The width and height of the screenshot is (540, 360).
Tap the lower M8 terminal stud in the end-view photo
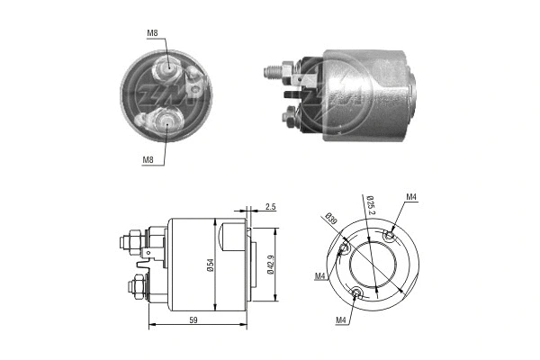[x=168, y=119]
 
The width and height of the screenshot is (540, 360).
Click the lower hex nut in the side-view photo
[x=291, y=117]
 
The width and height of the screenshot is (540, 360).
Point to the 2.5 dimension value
[x=271, y=207]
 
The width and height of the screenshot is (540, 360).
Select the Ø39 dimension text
[x=330, y=219]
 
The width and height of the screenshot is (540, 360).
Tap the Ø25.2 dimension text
[x=370, y=206]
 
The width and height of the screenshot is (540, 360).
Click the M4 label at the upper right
[x=410, y=197]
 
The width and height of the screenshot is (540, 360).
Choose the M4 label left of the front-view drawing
[x=319, y=275]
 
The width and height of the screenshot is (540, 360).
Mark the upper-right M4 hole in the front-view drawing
[x=388, y=236]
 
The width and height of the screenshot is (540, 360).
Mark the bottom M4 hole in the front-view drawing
[x=358, y=292]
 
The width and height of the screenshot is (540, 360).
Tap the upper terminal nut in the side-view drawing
[x=127, y=241]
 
